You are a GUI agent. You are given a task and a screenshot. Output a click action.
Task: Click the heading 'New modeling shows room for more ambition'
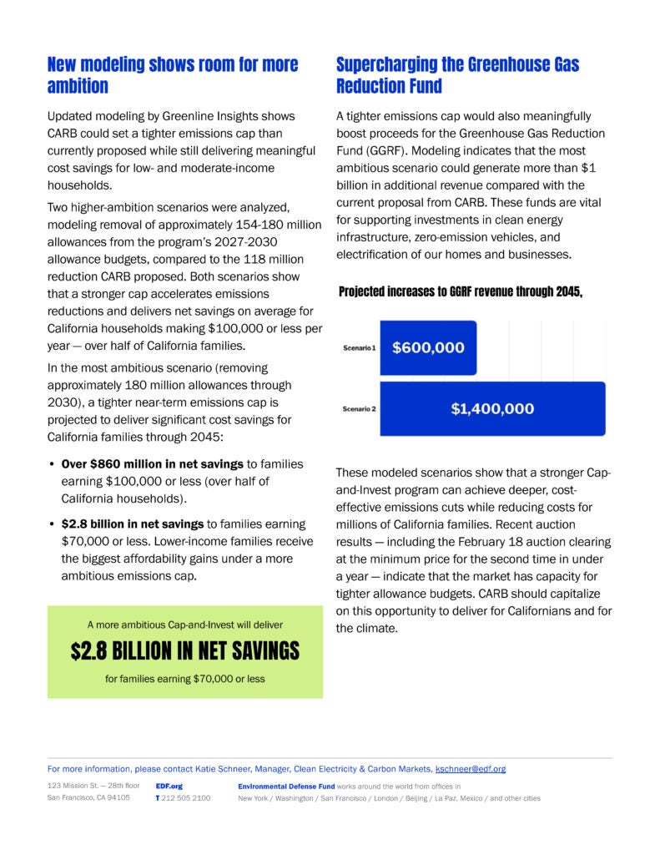[173, 75]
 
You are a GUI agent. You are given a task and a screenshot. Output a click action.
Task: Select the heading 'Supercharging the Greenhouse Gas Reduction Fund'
[457, 75]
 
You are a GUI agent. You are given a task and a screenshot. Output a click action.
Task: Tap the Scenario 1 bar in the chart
[428, 347]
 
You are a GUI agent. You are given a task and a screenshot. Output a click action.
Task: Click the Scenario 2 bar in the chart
[492, 408]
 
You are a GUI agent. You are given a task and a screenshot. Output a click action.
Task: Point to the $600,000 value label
[429, 347]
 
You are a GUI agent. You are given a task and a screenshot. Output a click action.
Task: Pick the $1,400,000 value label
[492, 408]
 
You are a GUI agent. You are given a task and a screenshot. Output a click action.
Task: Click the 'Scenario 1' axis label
[359, 347]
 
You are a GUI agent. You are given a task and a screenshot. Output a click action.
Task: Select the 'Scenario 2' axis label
[359, 408]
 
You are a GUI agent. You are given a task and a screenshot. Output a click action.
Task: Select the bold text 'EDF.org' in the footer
[169, 786]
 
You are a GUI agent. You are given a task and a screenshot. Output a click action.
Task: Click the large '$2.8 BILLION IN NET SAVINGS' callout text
[184, 651]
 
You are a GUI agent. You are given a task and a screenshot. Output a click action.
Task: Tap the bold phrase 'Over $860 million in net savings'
[152, 463]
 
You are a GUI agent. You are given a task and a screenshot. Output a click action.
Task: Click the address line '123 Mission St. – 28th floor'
[93, 786]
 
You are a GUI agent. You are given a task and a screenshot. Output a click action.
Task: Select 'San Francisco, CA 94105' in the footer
[88, 798]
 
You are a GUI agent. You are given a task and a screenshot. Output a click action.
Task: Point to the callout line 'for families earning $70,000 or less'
[184, 679]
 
